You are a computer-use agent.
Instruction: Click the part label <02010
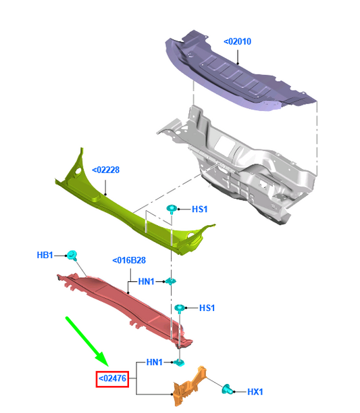(x=237, y=42)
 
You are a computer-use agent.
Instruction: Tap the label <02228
(x=106, y=170)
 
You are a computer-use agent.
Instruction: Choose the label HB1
(x=45, y=255)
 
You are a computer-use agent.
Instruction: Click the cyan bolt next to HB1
(x=72, y=256)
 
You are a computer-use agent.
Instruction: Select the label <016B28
(x=129, y=260)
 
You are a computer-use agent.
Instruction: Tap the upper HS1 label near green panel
(x=200, y=209)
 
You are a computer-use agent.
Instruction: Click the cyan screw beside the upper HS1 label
(x=172, y=209)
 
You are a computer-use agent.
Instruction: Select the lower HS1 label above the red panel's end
(x=207, y=308)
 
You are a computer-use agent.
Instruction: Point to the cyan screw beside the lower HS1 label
(x=180, y=308)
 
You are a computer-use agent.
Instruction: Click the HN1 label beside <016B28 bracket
(x=147, y=282)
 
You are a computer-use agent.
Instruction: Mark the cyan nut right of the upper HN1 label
(x=171, y=281)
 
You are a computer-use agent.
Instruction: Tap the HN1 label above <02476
(x=155, y=362)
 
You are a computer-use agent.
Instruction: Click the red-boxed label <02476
(x=112, y=379)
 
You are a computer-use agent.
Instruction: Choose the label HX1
(x=255, y=392)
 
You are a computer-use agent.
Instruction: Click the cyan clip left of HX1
(x=228, y=389)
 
